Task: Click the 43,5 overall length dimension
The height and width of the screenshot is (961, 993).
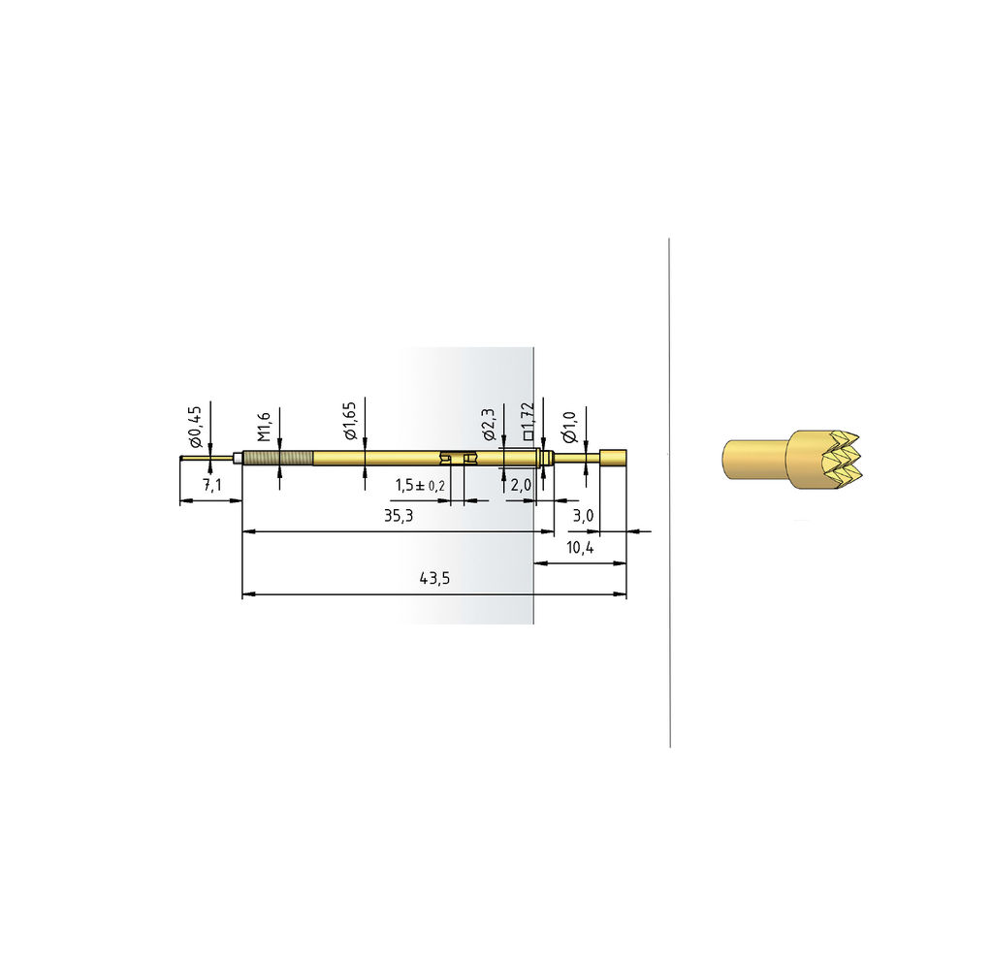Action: point(434,578)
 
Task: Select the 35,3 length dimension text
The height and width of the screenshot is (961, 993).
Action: point(399,516)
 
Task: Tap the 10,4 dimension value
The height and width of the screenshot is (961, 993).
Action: point(580,547)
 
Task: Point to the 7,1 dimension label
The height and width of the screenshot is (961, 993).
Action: point(212,485)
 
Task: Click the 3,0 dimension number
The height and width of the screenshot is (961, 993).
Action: point(583,516)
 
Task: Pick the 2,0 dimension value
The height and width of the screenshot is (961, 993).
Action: point(521,485)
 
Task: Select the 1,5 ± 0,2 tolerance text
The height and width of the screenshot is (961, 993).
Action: point(421,485)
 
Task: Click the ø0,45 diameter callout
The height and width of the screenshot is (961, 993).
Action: point(195,428)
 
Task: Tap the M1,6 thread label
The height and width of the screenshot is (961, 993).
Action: point(264,427)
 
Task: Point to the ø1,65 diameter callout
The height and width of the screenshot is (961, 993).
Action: point(350,421)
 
